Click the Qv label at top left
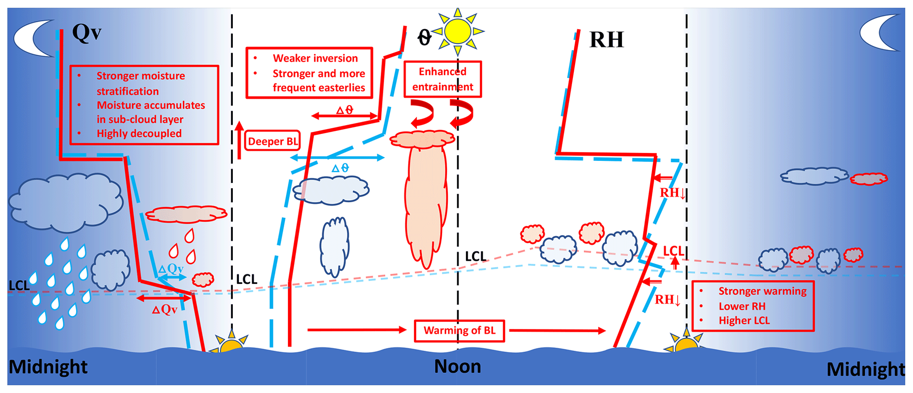tap(87, 32)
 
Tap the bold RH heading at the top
tap(606, 40)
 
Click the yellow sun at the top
tap(458, 31)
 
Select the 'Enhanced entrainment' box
tap(443, 79)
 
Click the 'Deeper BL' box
tap(273, 141)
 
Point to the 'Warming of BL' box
tap(459, 331)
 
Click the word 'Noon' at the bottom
tap(458, 366)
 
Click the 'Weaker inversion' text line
tap(315, 58)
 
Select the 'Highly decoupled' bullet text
tap(139, 134)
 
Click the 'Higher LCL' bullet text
tap(744, 321)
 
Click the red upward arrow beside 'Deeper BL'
tap(239, 139)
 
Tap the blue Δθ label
tap(340, 168)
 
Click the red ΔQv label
tap(165, 309)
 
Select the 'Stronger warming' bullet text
tap(762, 291)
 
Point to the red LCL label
tap(673, 252)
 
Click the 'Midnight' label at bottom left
tap(48, 367)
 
